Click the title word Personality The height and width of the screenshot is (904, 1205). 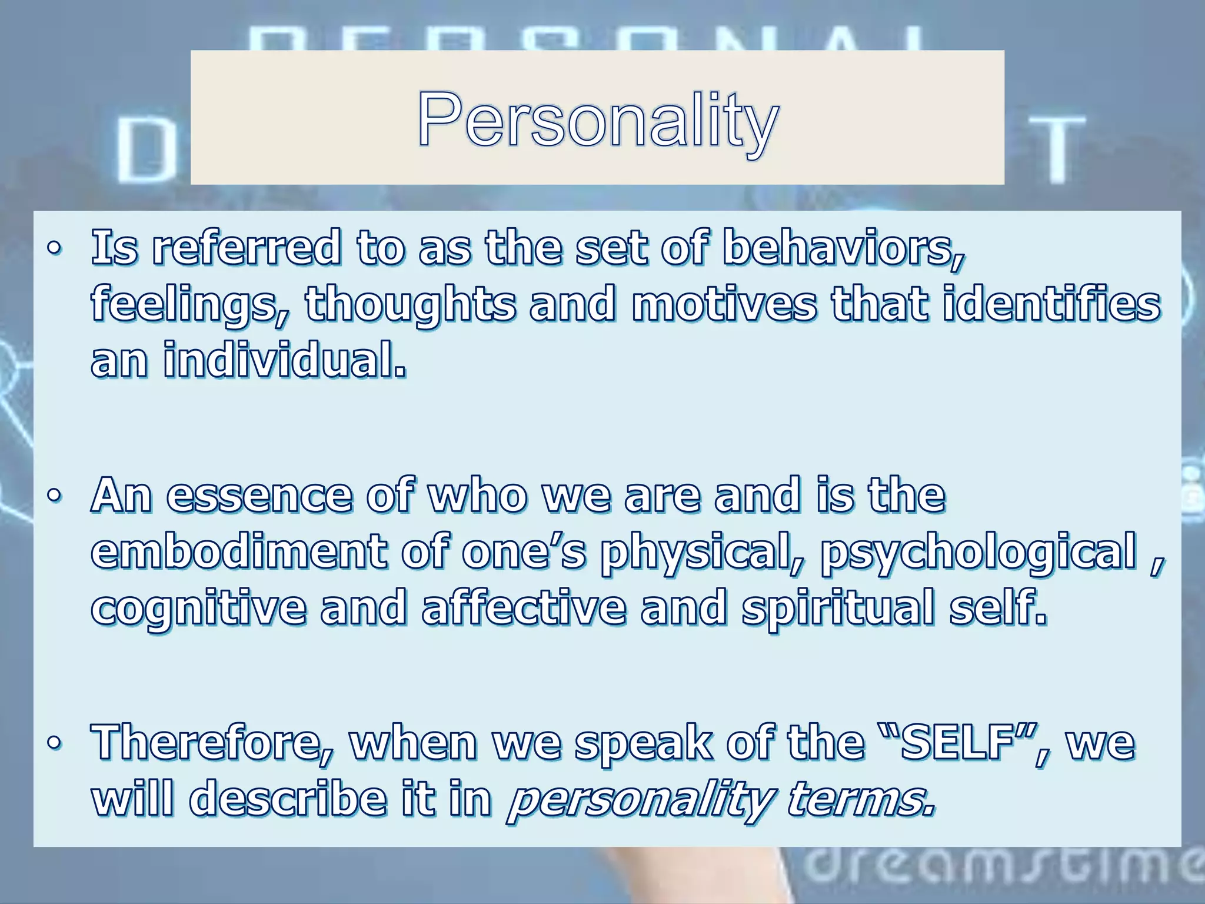pos(598,120)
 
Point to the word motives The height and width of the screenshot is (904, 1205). pos(724,304)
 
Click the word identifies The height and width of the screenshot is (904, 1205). pos(1051,304)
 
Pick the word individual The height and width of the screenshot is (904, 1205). pos(284,360)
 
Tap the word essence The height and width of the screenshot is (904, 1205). pos(259,496)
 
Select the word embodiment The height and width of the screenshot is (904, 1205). pos(239,551)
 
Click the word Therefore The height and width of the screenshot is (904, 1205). pos(212,743)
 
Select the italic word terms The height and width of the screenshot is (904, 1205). pos(860,799)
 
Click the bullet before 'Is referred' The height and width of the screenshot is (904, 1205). pos(54,248)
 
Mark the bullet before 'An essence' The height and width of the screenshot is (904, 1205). pos(54,496)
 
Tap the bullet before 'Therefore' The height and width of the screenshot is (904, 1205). pos(54,743)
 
